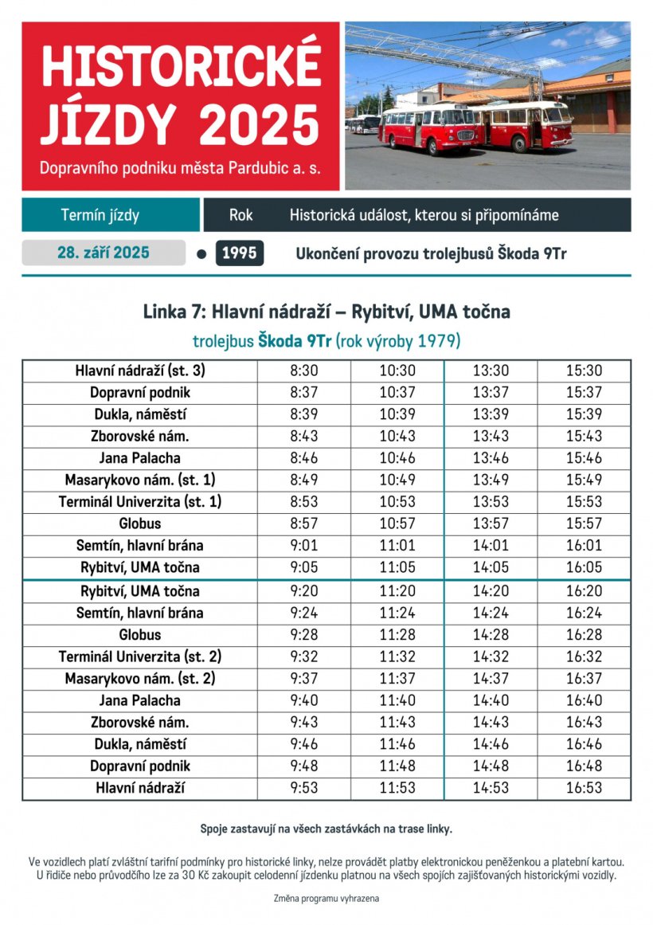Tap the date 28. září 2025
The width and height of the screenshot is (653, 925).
(104, 253)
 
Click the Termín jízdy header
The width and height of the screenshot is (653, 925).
(100, 215)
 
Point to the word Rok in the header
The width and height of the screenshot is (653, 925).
(240, 215)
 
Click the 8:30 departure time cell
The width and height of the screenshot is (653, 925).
(303, 370)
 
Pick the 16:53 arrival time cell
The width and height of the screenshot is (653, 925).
(584, 788)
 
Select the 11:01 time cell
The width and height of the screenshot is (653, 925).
(397, 546)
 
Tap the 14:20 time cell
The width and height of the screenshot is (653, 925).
(491, 591)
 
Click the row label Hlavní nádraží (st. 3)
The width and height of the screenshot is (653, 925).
(140, 370)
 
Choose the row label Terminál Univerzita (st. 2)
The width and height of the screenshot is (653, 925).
(140, 657)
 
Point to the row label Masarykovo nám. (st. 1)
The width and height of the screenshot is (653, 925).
(140, 480)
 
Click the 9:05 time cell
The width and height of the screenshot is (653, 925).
(303, 567)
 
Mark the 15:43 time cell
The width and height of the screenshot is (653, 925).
(584, 436)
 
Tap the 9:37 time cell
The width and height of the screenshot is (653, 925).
(303, 679)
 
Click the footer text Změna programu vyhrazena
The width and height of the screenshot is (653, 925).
(326, 898)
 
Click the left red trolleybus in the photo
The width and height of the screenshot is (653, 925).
(426, 127)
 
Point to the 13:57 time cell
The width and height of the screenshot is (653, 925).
(491, 523)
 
